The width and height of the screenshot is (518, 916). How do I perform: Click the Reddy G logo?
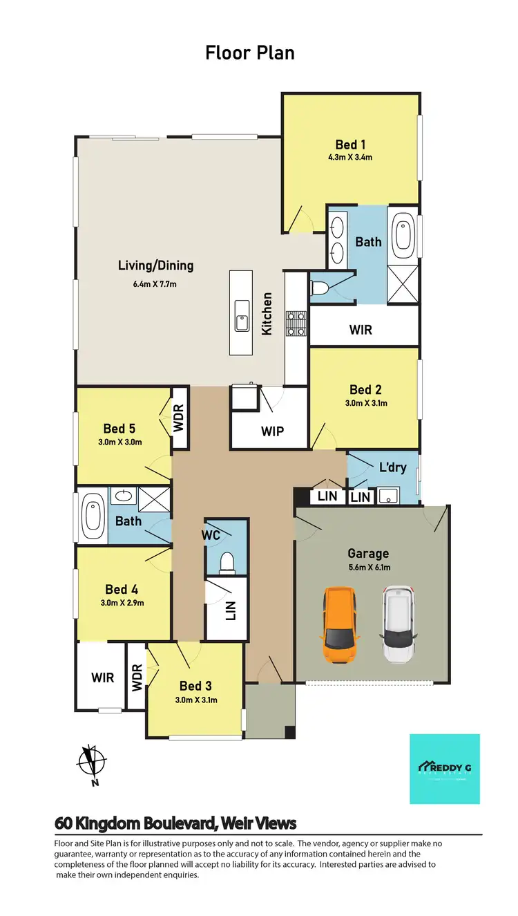pyautogui.click(x=444, y=769)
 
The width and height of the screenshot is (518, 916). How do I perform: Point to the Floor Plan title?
pyautogui.click(x=250, y=53)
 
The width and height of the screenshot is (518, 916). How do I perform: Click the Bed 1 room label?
pyautogui.click(x=350, y=144)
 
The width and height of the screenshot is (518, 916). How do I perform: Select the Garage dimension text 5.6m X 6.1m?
pyautogui.click(x=368, y=568)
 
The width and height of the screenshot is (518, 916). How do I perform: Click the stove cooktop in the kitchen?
pyautogui.click(x=296, y=324)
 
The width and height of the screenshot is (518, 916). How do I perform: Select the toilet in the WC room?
pyautogui.click(x=226, y=563)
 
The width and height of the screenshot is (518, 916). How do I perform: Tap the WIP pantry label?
pyautogui.click(x=272, y=431)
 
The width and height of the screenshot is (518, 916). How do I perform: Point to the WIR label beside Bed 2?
pyautogui.click(x=361, y=330)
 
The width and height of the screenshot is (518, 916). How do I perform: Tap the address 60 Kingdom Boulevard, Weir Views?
pyautogui.click(x=175, y=823)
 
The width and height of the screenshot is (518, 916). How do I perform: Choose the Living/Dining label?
pyautogui.click(x=155, y=265)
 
